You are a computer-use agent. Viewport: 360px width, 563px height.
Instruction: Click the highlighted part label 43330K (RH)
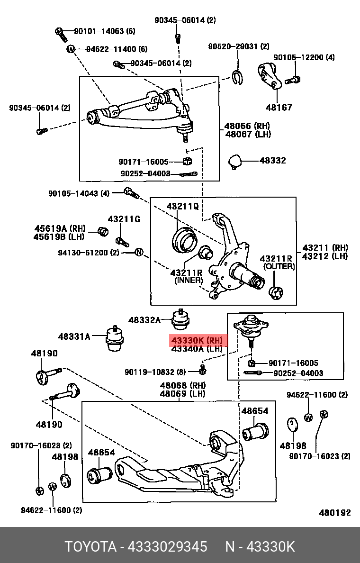(197, 340)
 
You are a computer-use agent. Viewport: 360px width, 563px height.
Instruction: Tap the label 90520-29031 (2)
(239, 46)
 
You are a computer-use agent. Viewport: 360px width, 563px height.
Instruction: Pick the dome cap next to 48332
(235, 161)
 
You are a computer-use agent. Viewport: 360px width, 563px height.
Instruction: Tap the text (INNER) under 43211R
(189, 280)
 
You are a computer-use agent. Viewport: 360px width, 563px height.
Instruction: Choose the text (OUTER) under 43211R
(279, 266)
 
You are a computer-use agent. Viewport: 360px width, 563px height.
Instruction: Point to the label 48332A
(144, 320)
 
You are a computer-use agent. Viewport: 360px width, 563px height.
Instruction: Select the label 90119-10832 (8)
(155, 372)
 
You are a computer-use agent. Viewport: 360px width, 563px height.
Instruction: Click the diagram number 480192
(335, 513)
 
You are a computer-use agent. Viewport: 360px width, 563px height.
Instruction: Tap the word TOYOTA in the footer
(90, 546)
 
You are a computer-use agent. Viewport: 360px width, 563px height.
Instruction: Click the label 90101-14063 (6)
(104, 31)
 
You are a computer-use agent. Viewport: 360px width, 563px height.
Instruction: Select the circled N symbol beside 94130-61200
(139, 252)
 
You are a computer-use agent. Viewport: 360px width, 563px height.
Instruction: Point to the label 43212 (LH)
(324, 256)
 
